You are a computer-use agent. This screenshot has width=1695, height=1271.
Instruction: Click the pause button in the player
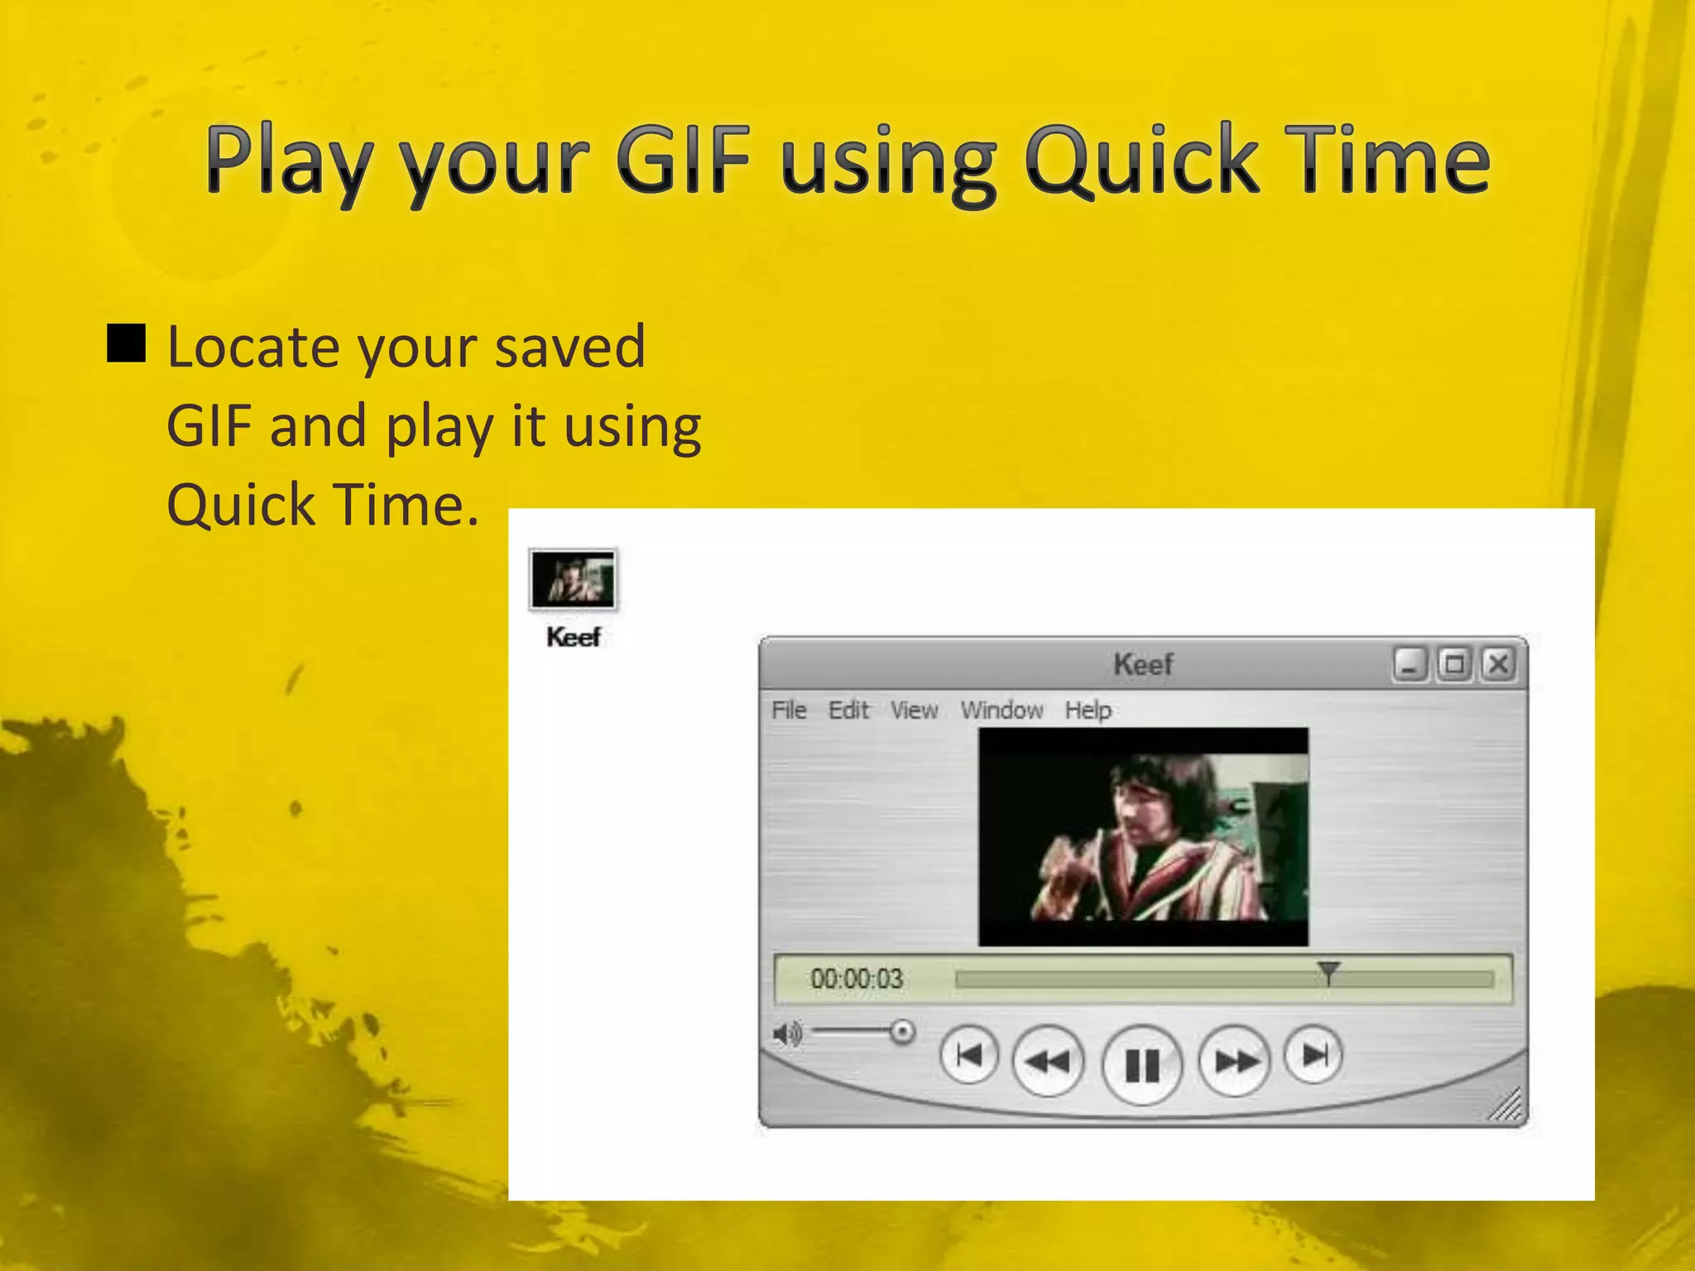1142,1064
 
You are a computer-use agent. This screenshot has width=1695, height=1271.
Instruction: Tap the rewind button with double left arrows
1048,1061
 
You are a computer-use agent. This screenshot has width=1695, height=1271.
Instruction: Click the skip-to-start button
969,1055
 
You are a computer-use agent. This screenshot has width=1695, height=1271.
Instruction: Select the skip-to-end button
1313,1055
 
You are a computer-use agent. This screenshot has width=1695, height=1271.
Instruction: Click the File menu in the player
789,710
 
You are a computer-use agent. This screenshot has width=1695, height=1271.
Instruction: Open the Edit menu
848,710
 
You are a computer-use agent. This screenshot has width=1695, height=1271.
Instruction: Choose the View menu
915,710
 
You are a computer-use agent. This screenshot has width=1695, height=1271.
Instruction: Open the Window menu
1001,710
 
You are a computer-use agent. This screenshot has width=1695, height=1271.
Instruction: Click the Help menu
1088,710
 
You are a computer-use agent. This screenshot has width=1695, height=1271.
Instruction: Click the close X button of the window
1498,664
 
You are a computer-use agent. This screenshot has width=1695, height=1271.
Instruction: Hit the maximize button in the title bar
1454,664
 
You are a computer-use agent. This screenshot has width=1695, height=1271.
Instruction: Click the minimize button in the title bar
1410,664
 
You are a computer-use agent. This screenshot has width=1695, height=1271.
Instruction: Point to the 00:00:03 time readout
857,979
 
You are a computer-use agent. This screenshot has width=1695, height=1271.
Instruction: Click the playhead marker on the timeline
1328,972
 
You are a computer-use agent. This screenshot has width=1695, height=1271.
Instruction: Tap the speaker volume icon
787,1034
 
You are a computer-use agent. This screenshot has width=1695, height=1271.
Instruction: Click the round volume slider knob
902,1032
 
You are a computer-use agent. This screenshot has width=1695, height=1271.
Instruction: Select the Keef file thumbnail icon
573,579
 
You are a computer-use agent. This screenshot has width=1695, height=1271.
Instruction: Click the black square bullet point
127,344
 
